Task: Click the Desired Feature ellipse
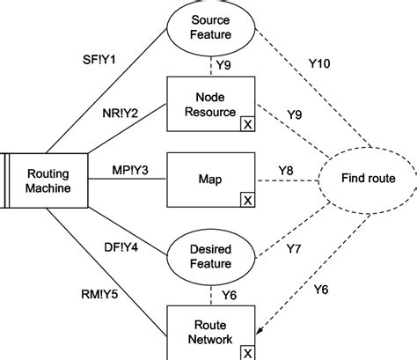pos(211,255)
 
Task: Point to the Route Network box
pos(211,330)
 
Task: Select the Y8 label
pos(286,169)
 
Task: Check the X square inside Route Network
pos(247,351)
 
